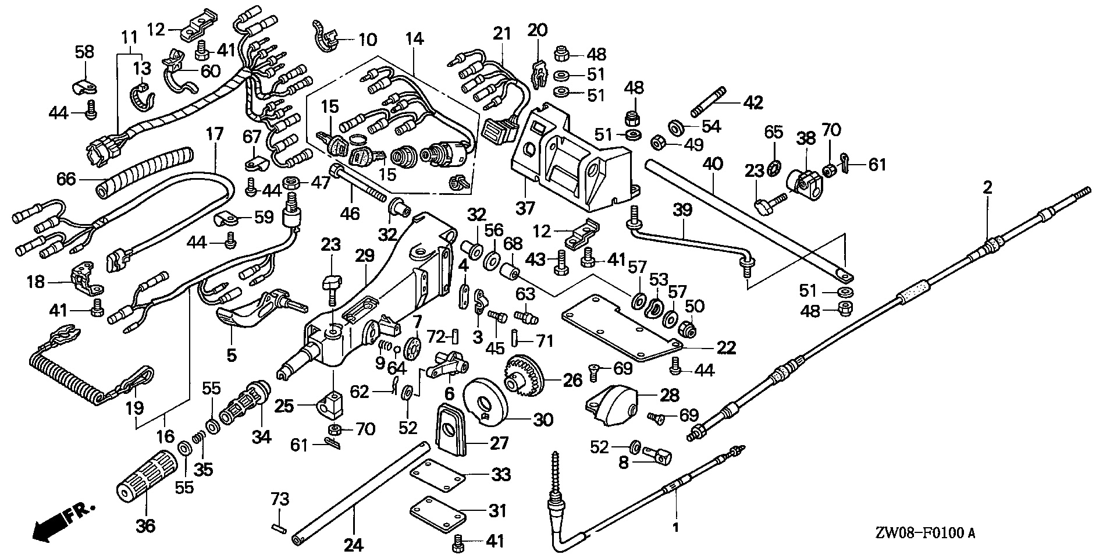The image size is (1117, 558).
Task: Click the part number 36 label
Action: [145, 526]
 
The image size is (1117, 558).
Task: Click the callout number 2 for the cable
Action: [987, 187]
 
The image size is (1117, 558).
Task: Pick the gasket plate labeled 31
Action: [437, 511]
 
